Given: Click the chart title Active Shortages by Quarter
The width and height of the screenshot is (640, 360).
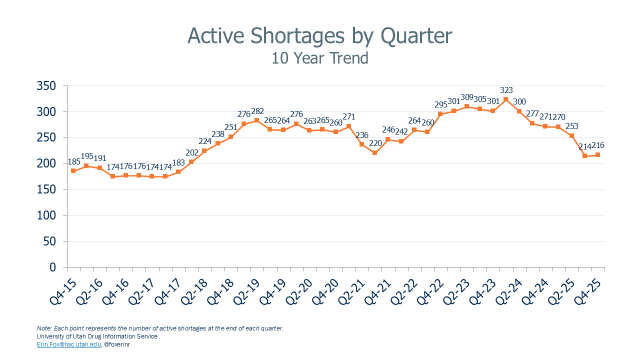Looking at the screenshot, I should (x=319, y=36).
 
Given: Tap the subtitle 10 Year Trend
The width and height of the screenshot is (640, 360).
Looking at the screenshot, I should (x=319, y=58).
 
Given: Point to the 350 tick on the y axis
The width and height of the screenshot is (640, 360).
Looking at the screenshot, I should (x=46, y=86).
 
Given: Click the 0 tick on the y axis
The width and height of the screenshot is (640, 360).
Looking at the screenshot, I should (x=52, y=267).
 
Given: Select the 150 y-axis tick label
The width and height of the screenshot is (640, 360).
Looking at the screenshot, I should (x=46, y=189).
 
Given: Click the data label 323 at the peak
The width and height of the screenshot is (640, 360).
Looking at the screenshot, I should (x=506, y=90).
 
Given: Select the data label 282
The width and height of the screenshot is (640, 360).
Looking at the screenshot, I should (x=257, y=111).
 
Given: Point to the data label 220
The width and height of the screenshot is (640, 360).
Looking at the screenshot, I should (x=375, y=143).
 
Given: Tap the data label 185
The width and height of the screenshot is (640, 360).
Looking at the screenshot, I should (x=73, y=161).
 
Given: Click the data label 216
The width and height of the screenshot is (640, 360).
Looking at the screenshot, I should (x=599, y=145).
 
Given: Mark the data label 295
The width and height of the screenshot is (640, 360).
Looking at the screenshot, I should (x=440, y=104).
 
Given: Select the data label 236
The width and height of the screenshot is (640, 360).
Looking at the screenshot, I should (x=361, y=134).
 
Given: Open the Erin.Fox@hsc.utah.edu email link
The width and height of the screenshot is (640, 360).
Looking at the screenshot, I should (x=68, y=344).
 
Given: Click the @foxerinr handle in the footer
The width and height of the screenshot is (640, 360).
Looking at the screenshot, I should (x=117, y=344).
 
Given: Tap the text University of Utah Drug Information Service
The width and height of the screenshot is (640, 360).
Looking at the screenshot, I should (x=97, y=336).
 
